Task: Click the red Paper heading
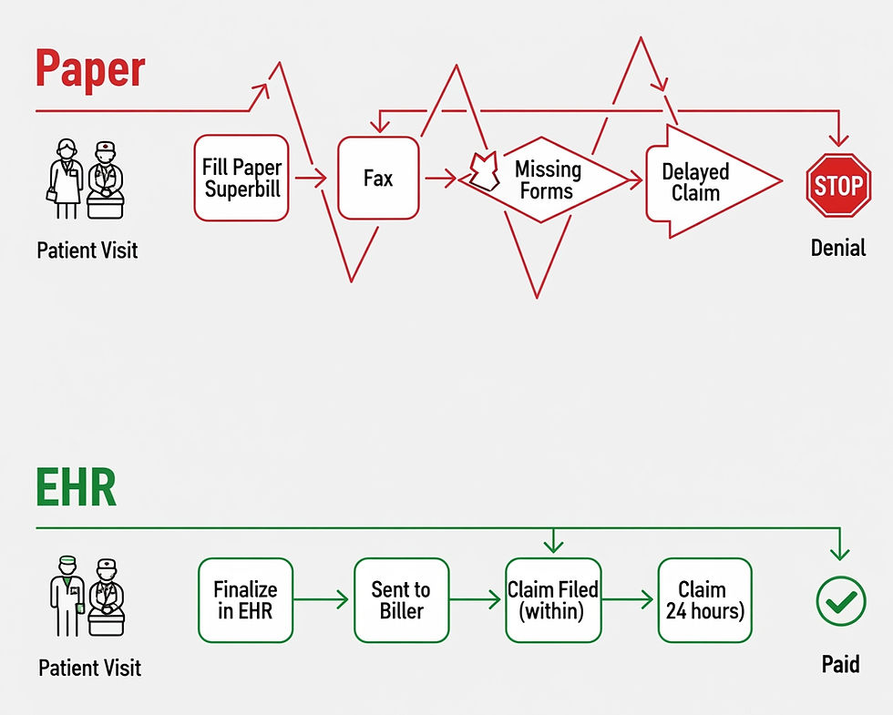click(90, 69)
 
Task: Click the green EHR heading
click(77, 489)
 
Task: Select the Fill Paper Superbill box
click(241, 178)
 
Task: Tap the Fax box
click(378, 178)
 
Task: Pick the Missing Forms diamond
click(547, 179)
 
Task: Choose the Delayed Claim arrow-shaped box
click(702, 182)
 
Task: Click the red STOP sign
click(838, 185)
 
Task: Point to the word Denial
click(838, 247)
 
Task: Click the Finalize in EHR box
click(246, 600)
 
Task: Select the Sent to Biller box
click(401, 600)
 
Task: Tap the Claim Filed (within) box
click(553, 600)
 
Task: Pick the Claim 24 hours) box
click(704, 600)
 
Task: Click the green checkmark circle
click(840, 601)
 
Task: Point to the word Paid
click(840, 664)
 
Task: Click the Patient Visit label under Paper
click(87, 250)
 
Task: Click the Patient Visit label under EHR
click(90, 668)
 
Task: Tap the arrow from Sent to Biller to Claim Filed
click(477, 600)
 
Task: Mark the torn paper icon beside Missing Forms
click(482, 170)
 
